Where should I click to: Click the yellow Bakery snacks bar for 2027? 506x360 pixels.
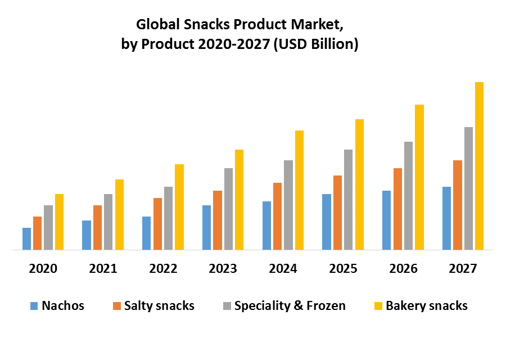click(479, 166)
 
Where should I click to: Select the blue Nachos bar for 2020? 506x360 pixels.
click(26, 238)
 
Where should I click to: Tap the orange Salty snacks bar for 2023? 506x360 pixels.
click(218, 220)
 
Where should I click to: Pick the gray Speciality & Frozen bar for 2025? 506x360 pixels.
click(348, 200)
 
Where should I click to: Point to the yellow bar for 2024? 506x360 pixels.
click(299, 190)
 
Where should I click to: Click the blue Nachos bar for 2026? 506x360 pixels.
click(386, 220)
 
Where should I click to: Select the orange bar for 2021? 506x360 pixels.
click(97, 227)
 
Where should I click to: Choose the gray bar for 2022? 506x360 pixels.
click(168, 218)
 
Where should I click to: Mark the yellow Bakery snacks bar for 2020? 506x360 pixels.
click(59, 222)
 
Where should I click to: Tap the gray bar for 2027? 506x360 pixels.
click(468, 188)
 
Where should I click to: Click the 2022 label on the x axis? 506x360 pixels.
click(163, 268)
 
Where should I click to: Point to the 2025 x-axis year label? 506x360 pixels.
click(343, 268)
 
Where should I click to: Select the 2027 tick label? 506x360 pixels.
click(463, 268)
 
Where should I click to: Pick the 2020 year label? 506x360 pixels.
click(43, 268)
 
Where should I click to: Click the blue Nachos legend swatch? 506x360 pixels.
click(34, 306)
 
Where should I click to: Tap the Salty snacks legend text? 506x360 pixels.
click(159, 306)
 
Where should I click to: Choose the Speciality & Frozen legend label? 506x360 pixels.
click(290, 306)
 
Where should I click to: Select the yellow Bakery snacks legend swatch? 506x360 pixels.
click(378, 306)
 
